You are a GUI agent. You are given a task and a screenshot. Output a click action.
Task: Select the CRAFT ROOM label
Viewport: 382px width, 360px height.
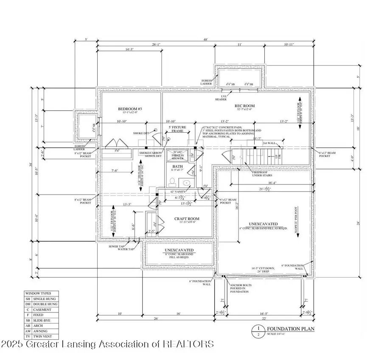[187, 219]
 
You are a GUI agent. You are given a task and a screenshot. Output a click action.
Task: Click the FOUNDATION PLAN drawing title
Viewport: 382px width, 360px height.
[286, 329]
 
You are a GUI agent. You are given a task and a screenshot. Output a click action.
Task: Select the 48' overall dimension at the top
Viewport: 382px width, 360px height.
[205, 40]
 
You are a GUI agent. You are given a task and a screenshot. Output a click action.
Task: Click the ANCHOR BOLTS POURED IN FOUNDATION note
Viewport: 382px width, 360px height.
[240, 288]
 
